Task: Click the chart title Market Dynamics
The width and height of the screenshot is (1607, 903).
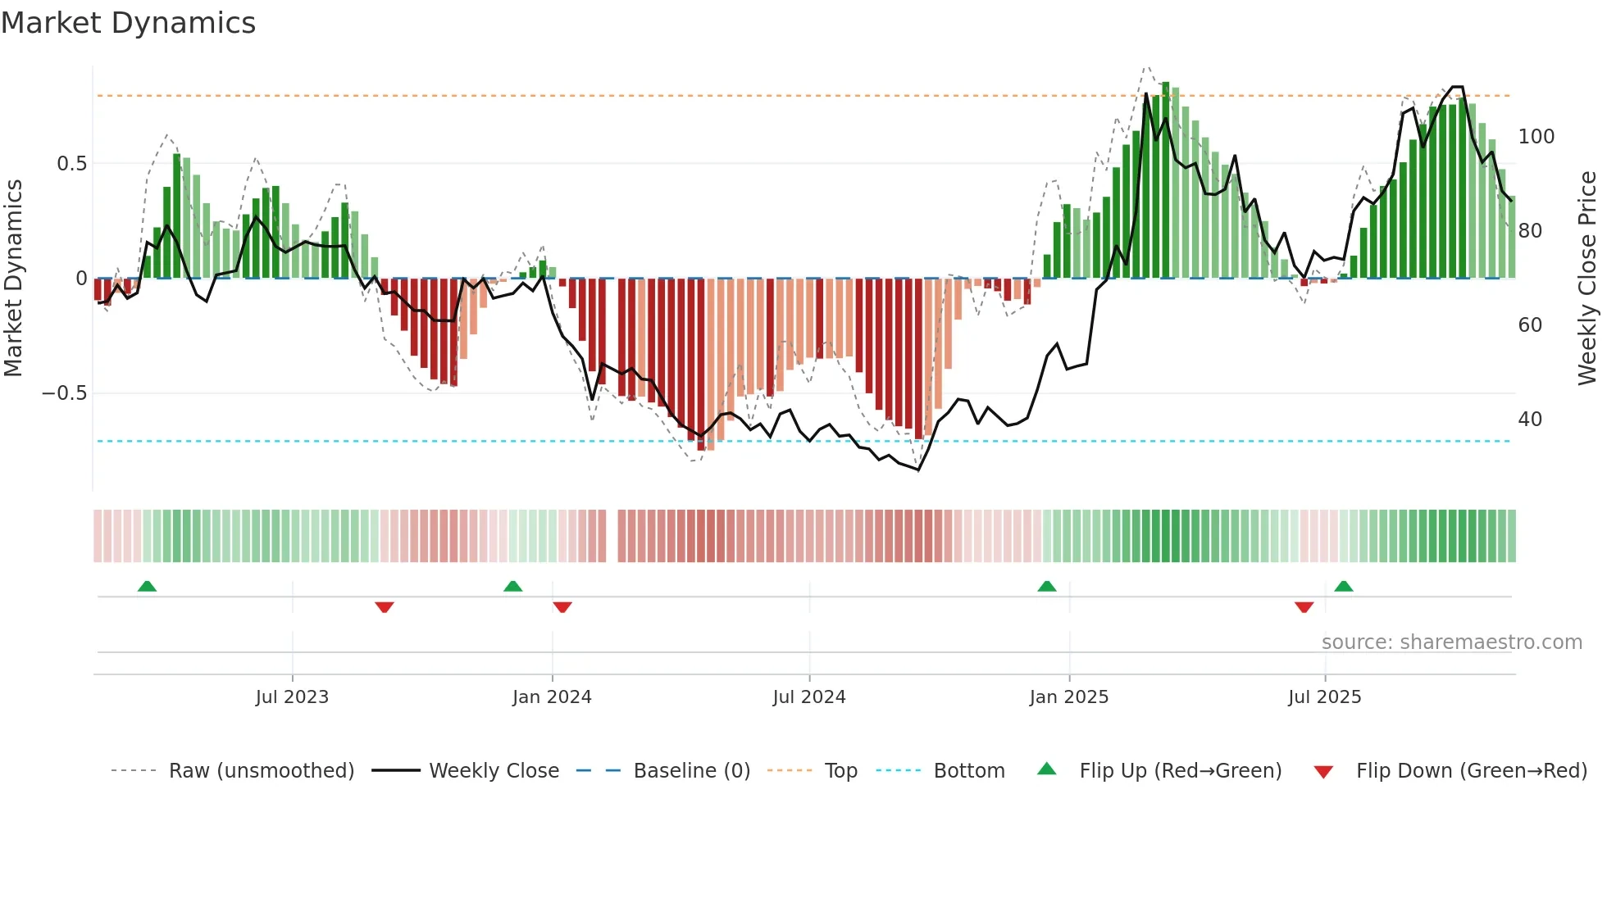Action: click(128, 23)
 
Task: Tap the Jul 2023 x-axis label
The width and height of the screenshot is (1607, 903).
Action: click(292, 697)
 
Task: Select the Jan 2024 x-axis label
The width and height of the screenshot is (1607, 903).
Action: click(552, 697)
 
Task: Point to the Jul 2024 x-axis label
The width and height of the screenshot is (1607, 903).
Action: click(809, 697)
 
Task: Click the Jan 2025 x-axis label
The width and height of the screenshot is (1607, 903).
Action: click(1069, 697)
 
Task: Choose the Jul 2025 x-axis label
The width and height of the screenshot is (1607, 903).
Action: click(1325, 697)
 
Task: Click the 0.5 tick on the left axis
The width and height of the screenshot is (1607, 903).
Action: click(71, 164)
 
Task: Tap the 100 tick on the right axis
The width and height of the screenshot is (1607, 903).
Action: click(1536, 137)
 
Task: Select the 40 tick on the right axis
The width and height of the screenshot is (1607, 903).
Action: click(1530, 420)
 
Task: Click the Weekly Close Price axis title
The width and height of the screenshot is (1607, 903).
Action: click(1587, 279)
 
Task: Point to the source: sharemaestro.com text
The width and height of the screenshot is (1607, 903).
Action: click(1451, 642)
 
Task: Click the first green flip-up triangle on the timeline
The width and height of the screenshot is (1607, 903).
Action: click(147, 587)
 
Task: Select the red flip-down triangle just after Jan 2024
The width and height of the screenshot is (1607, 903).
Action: click(562, 607)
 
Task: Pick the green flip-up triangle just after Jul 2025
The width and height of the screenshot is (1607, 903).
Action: click(1343, 587)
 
